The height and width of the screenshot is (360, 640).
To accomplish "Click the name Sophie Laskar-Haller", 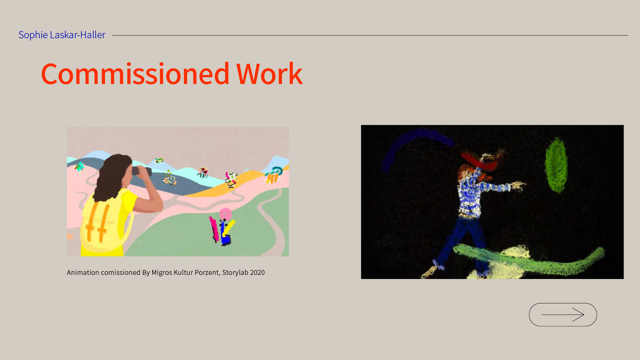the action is coord(62,35).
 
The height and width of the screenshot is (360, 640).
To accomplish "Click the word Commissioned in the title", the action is coord(135,74).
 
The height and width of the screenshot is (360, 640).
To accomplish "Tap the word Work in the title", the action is coord(269,74).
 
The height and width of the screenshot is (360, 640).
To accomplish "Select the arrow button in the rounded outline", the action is coord(563,315).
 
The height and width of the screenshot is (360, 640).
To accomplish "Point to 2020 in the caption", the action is coord(257,273).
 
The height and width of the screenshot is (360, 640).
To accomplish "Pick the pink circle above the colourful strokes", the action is coord(225,213).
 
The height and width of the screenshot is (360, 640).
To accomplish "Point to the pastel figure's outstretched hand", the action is coord(519,186).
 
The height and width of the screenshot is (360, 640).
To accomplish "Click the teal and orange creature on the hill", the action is coord(274,175).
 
